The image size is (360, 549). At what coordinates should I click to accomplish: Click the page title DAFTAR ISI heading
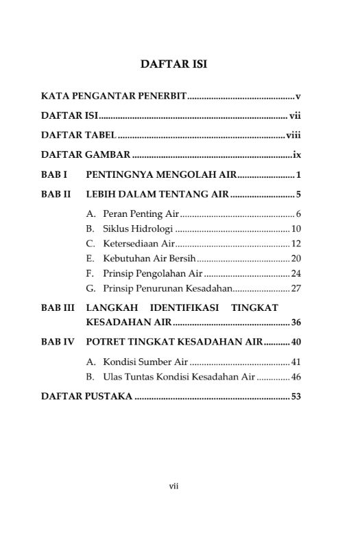(x=173, y=65)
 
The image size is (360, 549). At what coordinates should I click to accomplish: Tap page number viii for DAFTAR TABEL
(x=293, y=135)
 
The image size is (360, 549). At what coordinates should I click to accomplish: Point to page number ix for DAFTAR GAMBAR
(x=297, y=154)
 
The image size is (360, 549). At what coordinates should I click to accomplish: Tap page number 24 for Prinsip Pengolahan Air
(x=296, y=273)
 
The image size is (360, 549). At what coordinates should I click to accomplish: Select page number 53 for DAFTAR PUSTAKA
(x=296, y=396)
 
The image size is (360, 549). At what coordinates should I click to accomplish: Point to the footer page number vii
(x=173, y=486)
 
